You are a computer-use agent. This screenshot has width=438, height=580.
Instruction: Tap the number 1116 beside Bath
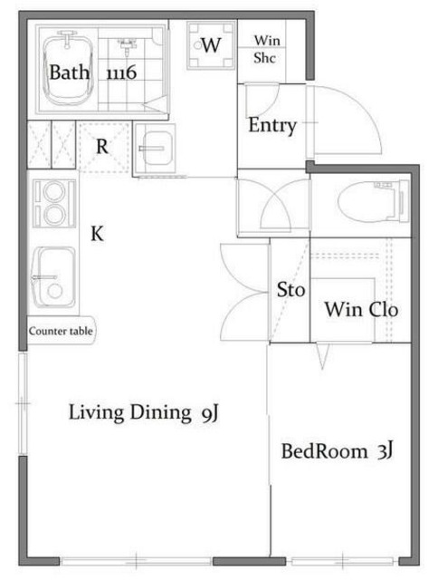point(121,72)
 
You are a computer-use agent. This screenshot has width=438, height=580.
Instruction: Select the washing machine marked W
point(211,45)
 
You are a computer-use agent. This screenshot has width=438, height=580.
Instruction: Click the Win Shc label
point(267,49)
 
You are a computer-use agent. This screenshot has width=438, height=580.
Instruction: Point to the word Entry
point(272,125)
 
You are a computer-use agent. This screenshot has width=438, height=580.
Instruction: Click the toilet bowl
point(373,201)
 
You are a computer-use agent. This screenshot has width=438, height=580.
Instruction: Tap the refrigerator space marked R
point(102,147)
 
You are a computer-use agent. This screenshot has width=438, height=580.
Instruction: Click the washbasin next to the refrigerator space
point(155,149)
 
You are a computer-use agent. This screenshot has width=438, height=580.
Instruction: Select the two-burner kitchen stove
point(54,203)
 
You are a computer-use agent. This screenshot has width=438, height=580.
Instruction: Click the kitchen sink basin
point(54,276)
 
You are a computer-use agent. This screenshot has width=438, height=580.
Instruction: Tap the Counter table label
point(61,331)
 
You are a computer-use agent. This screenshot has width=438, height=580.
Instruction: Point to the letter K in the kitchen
point(97,234)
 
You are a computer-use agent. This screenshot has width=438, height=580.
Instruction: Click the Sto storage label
point(291,290)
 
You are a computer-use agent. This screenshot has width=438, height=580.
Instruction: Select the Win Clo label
point(361,309)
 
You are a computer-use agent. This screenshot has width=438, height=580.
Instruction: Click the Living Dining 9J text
point(144,412)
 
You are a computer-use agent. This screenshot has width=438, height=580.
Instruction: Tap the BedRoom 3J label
point(337,451)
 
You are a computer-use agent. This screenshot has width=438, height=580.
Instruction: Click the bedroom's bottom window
point(345,562)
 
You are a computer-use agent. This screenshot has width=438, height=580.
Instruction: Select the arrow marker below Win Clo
point(322,356)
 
